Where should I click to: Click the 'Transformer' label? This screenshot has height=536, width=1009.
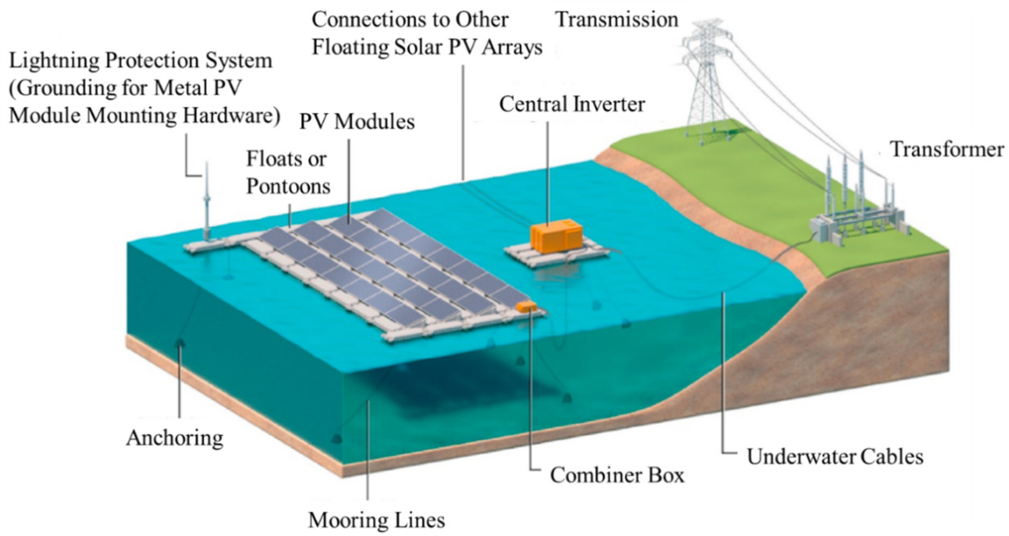[x=946, y=149]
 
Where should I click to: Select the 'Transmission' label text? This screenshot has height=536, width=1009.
[x=617, y=20]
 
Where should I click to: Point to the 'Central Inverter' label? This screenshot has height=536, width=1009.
[x=572, y=104]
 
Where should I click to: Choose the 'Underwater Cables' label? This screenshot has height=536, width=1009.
[x=835, y=457]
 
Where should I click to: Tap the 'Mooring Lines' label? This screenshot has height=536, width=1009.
[x=377, y=520]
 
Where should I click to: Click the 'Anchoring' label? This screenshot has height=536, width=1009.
[x=175, y=438]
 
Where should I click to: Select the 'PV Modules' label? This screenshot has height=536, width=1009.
[x=357, y=122]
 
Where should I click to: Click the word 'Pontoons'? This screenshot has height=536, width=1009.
[x=288, y=186]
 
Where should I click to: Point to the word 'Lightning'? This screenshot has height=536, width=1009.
[x=53, y=61]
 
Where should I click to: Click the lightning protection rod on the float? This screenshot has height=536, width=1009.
[x=207, y=201]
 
